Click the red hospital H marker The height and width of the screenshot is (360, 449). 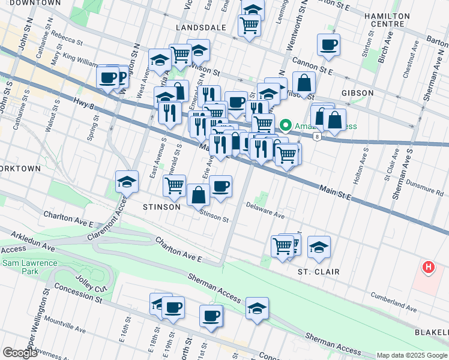click(x=428, y=267)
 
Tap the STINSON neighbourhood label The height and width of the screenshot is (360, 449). click(x=161, y=207)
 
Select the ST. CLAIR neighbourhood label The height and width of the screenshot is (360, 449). click(x=319, y=272)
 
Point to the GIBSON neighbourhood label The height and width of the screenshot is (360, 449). click(x=357, y=93)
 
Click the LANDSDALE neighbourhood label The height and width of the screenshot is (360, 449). click(x=200, y=28)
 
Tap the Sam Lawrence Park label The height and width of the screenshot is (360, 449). click(x=29, y=268)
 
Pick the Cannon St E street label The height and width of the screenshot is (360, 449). click(x=312, y=66)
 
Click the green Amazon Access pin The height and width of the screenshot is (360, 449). click(x=286, y=126)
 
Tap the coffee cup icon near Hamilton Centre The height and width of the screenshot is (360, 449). click(x=328, y=44)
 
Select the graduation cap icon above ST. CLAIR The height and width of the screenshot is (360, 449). click(x=319, y=246)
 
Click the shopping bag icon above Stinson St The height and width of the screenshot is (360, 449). click(x=198, y=194)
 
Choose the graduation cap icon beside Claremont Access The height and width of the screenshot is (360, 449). click(x=127, y=181)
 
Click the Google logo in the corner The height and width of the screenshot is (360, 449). click(x=20, y=353)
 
